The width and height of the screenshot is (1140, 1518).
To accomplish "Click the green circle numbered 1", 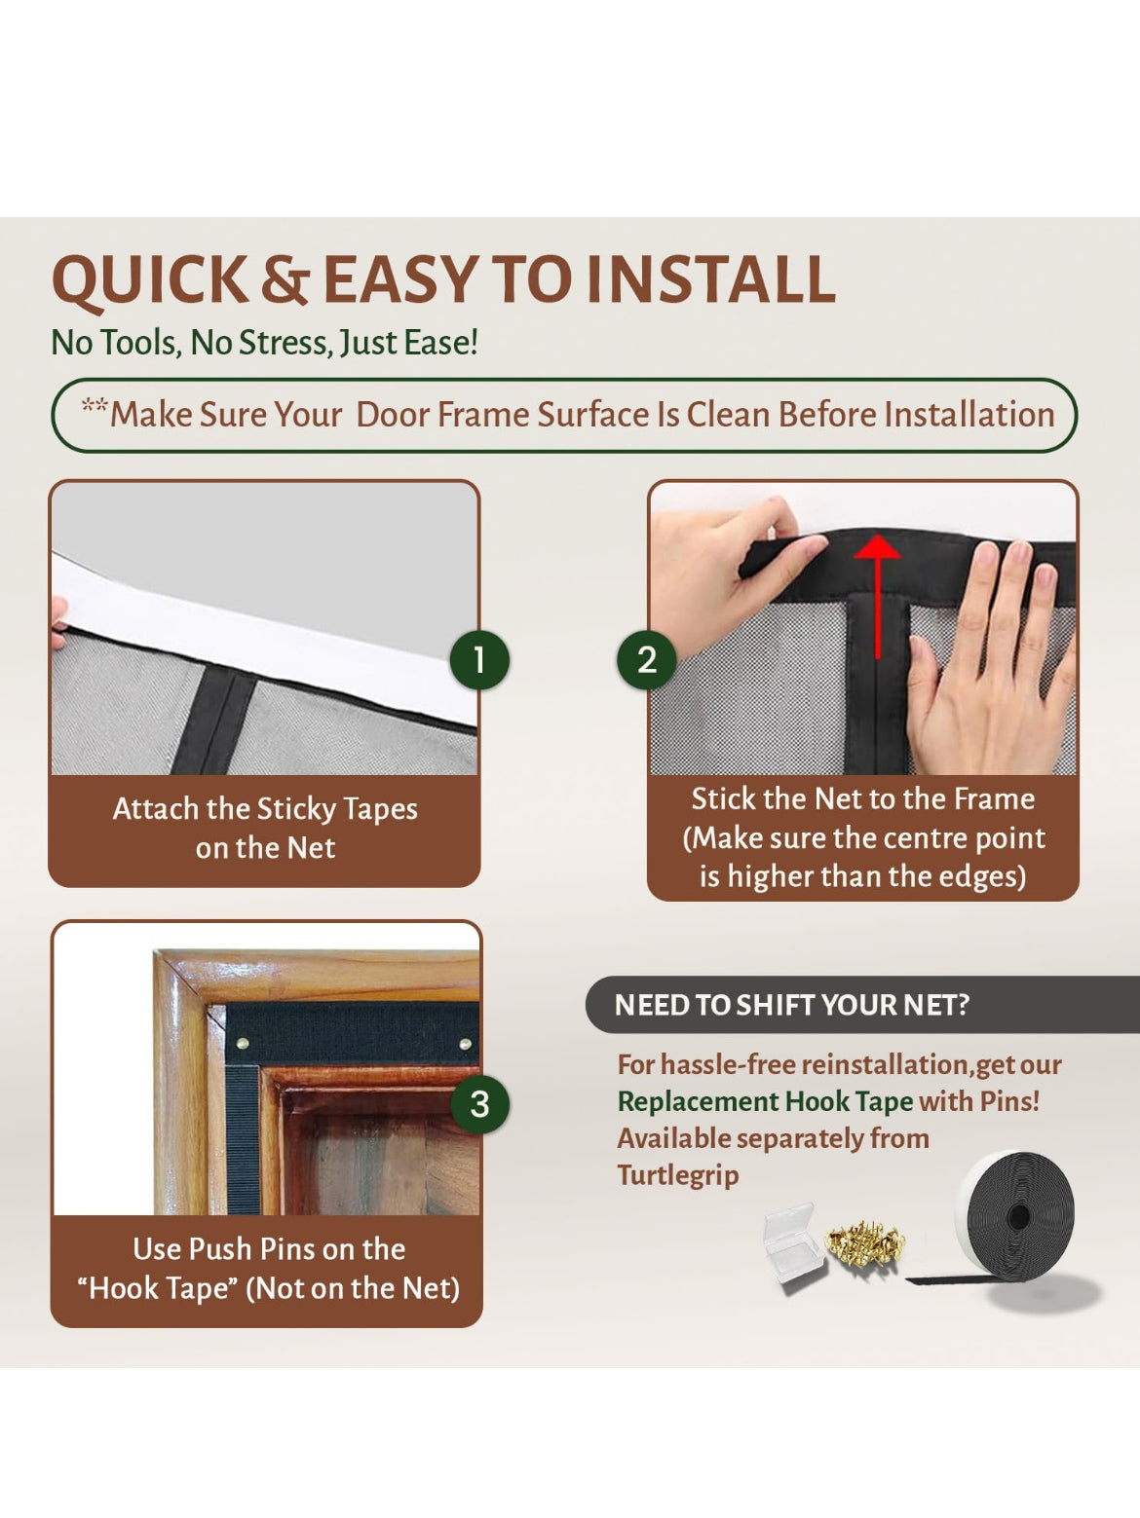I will pos(478,660).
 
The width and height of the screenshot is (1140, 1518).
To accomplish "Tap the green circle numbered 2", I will pos(646,660).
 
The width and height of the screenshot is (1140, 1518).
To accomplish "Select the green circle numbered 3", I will pos(479,1104).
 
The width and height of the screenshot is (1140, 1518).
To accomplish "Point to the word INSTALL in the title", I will pos(711,280).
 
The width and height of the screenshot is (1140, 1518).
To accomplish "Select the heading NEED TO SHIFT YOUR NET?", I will pos(791,1005).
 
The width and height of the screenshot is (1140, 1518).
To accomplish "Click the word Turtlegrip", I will pos(678,1175).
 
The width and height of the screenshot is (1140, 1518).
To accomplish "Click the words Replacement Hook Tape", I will pos(765,1101).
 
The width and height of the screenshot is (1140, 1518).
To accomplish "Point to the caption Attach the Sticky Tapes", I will pos(265,809).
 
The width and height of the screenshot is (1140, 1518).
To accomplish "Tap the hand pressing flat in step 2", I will pos(984,672).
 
